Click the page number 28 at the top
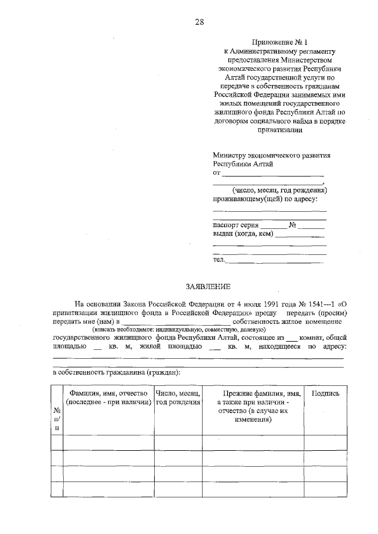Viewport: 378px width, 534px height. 199,22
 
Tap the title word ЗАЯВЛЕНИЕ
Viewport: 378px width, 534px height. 207,286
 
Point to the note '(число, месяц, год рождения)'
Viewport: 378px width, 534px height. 279,190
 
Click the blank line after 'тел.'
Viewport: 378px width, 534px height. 277,260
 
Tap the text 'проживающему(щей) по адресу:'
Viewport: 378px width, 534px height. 269,199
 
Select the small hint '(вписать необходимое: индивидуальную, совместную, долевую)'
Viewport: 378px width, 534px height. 179,329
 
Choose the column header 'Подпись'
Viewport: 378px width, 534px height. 325,393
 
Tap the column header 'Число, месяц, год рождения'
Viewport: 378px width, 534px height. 178,397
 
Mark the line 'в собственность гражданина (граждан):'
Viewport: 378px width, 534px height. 117,372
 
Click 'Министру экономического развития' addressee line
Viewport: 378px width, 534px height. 271,156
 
